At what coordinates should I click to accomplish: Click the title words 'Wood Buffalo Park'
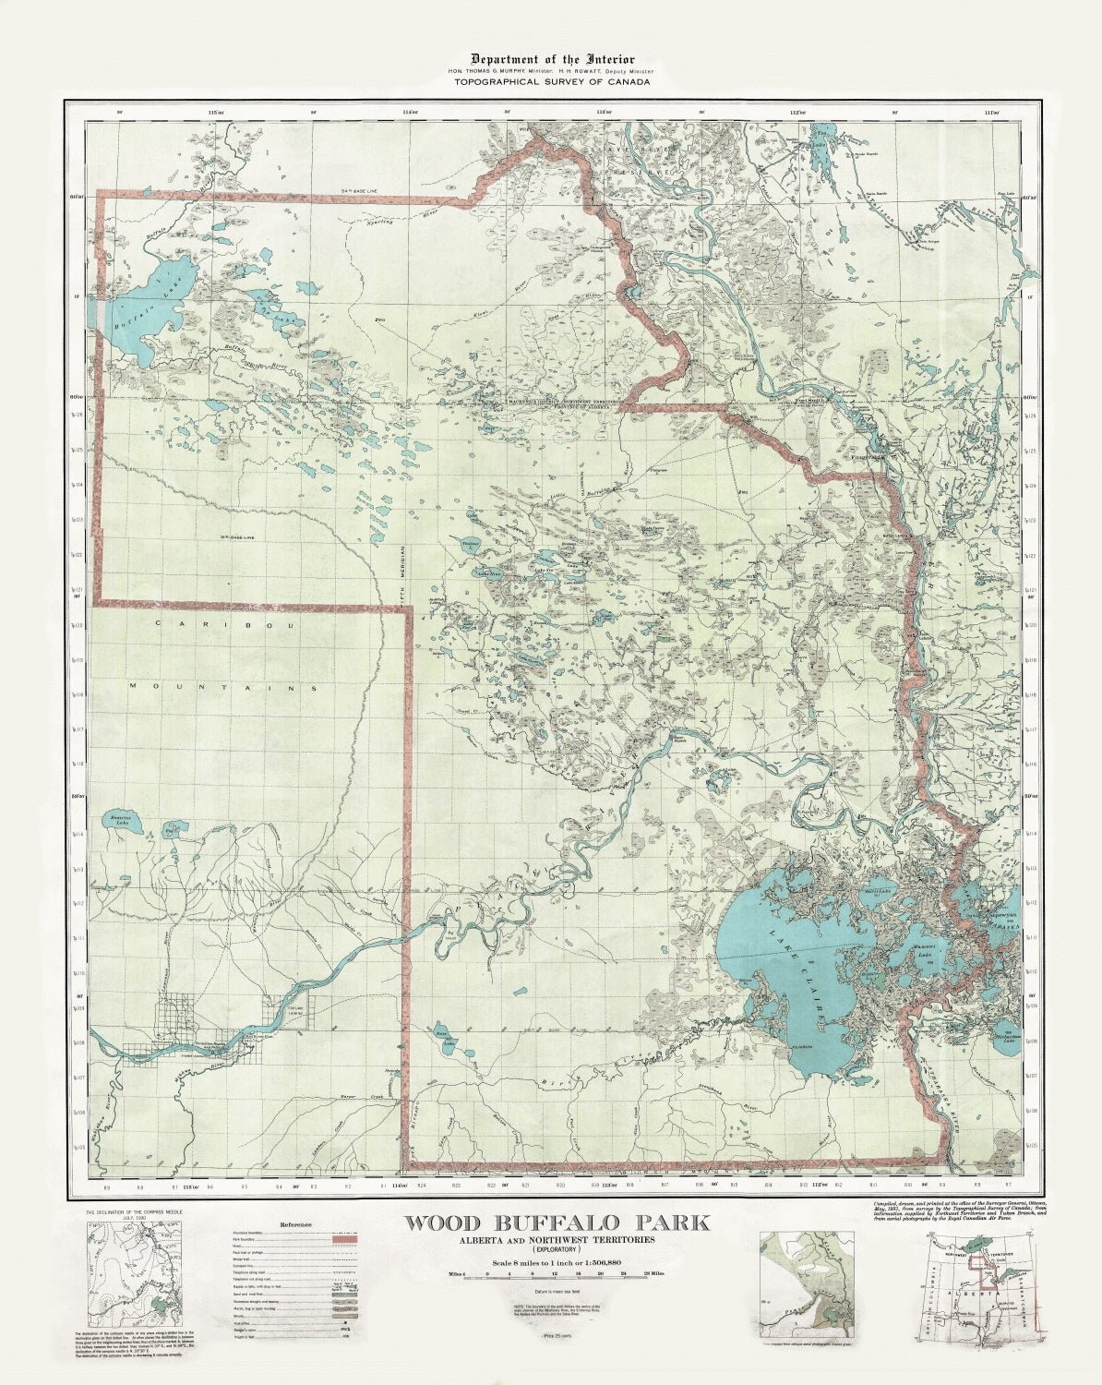pyautogui.click(x=557, y=1223)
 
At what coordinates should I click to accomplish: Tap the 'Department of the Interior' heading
pyautogui.click(x=552, y=59)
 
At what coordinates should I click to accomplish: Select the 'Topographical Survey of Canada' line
pyautogui.click(x=551, y=82)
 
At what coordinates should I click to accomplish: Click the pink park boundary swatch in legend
pyautogui.click(x=343, y=1235)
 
